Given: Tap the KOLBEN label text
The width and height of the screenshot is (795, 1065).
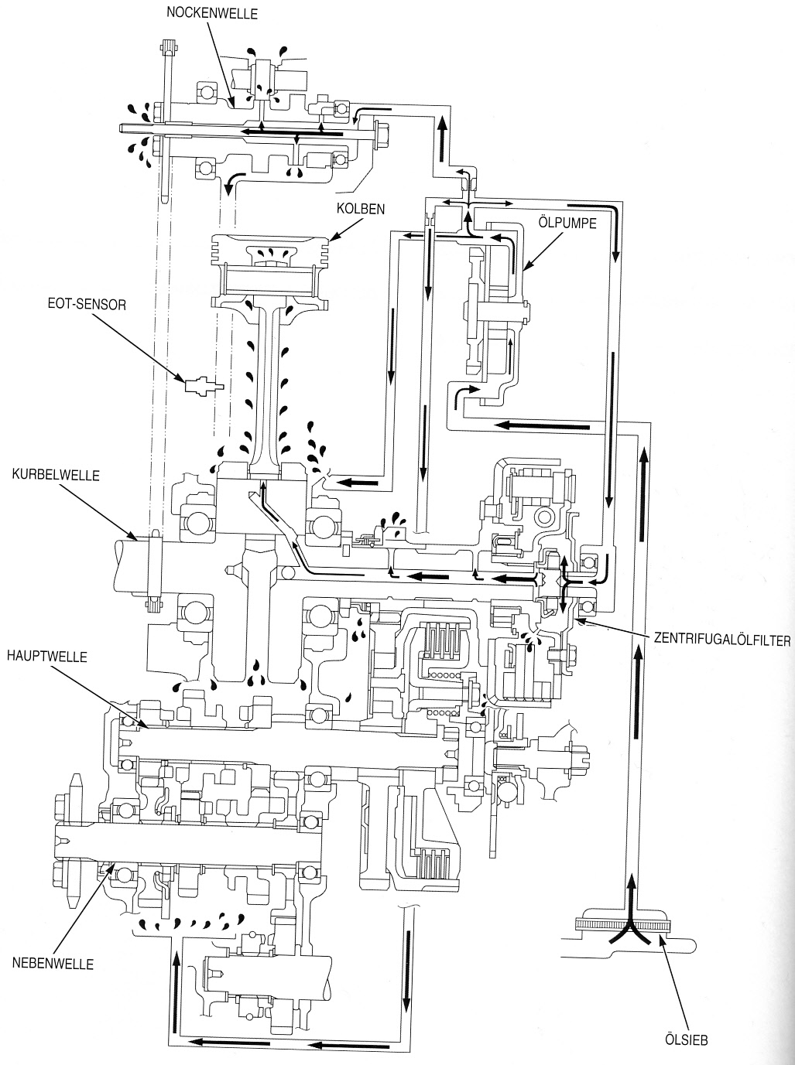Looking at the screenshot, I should [x=361, y=208].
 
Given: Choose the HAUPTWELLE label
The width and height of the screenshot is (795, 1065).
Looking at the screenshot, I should [x=46, y=657].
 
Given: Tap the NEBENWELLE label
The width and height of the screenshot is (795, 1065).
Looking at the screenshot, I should [x=53, y=964].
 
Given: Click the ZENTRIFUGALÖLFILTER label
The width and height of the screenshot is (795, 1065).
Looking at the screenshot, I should [x=721, y=640].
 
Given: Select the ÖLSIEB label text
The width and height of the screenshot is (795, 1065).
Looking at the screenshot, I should [x=687, y=1040].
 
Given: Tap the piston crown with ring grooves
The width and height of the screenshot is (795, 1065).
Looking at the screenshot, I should [x=271, y=248].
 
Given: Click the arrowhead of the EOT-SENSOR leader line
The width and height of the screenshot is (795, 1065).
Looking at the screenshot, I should [x=184, y=380].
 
